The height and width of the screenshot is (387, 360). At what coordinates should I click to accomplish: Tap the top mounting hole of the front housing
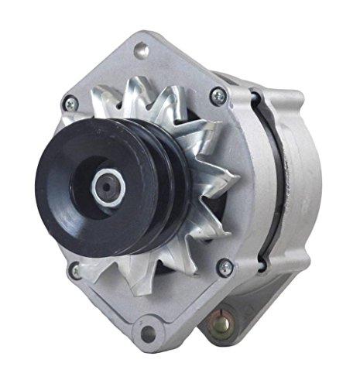coord(142,50)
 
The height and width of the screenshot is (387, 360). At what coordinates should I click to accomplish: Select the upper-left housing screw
coord(71,101)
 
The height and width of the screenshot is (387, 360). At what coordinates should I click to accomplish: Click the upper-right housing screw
coord(218,96)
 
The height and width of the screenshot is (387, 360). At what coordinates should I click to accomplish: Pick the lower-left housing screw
coord(75,271)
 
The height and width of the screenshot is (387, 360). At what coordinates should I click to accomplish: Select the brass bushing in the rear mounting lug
coord(232,317)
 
